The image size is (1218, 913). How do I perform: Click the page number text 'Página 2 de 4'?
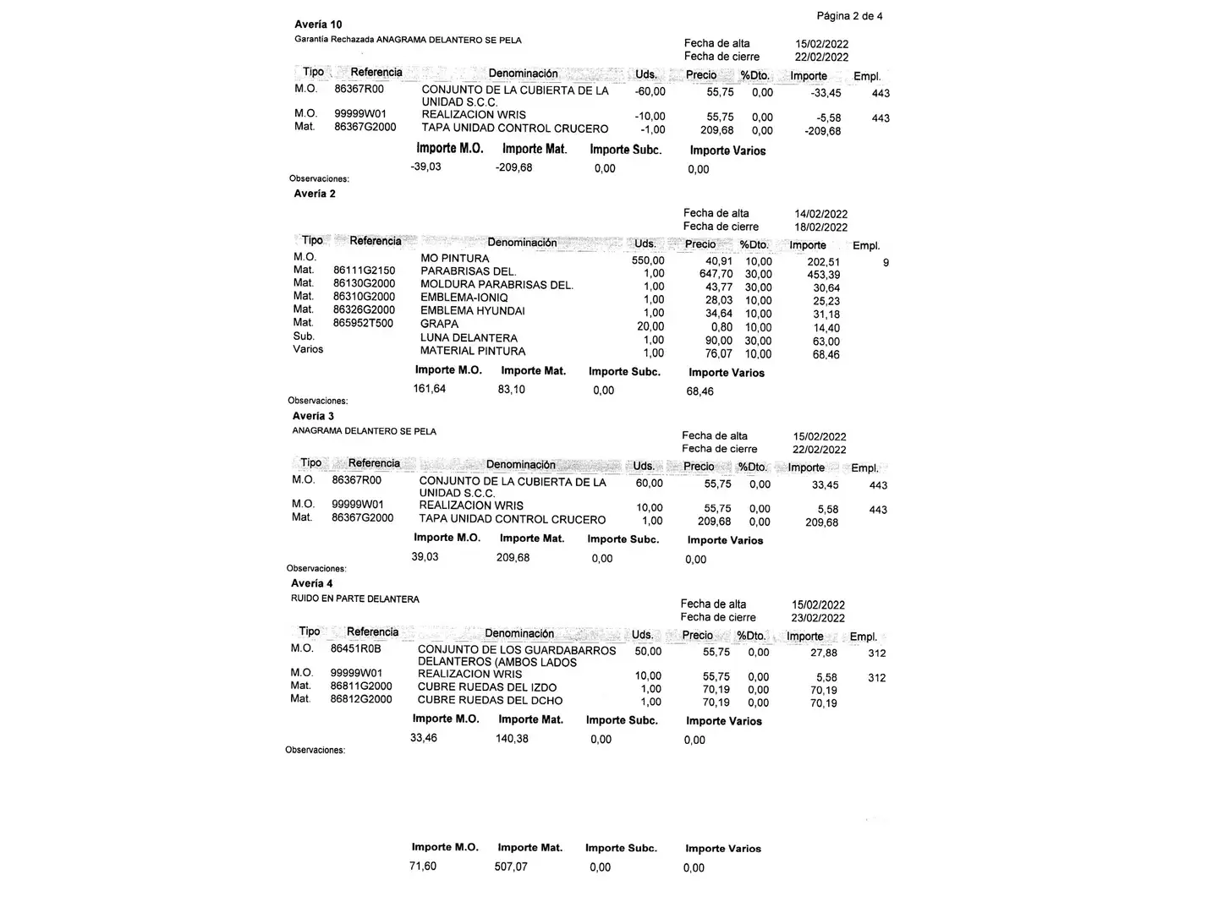pos(849,16)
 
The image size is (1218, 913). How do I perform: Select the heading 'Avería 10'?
pos(318,25)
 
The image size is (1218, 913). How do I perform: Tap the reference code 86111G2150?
pos(364,271)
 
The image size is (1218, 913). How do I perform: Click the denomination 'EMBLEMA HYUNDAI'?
pos(472,311)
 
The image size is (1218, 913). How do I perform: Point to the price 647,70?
pos(716,274)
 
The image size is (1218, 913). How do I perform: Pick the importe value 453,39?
pos(823,275)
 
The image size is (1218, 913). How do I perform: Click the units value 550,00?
pos(648,261)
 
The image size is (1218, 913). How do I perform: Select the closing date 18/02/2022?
pos(820,227)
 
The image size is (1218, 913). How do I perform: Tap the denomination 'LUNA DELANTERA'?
pos(469,337)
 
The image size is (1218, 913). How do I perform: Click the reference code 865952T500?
pos(363,323)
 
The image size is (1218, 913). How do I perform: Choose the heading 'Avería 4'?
pos(312,583)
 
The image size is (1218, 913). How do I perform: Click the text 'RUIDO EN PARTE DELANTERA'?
pos(355,599)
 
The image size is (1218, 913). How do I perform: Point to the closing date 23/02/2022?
pos(818,618)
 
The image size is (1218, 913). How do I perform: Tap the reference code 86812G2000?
pos(361,699)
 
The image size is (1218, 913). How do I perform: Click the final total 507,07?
pos(511,867)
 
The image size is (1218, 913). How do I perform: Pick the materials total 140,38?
pos(512,739)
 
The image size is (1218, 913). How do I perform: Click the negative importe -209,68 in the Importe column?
pos(823,131)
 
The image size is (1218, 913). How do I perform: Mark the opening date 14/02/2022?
pos(820,214)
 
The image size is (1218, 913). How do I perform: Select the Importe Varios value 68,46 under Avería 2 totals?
pos(700,391)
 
